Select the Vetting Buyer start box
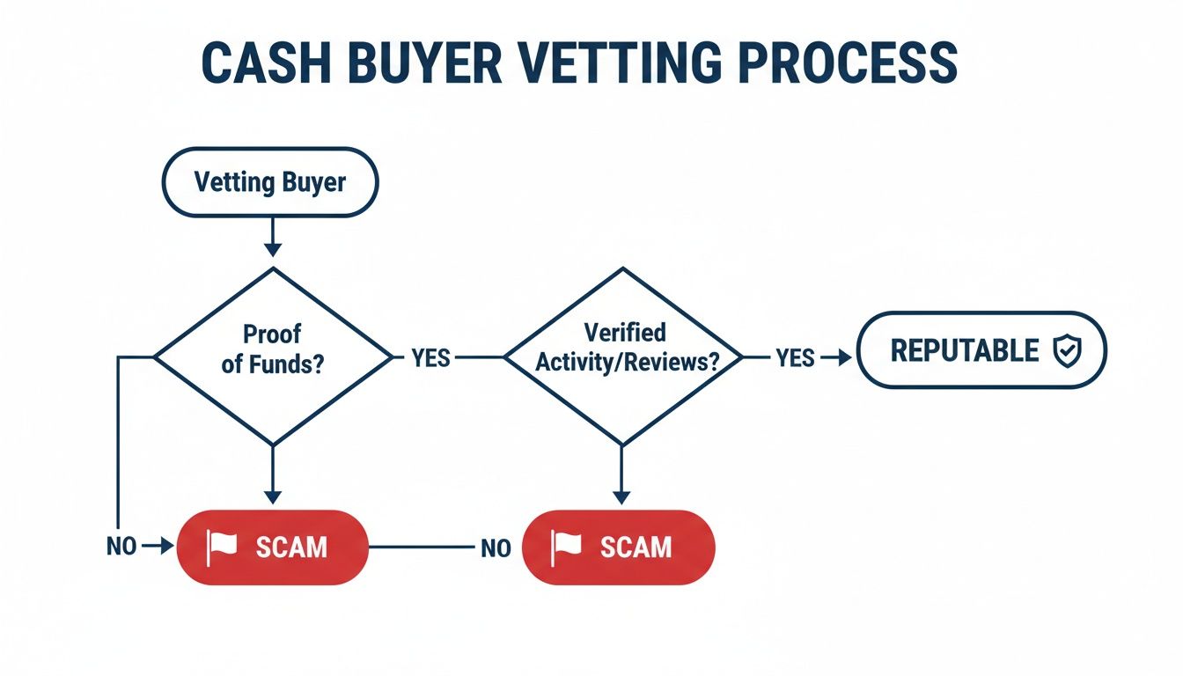(270, 183)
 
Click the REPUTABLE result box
(981, 350)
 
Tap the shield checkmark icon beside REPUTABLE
(1067, 351)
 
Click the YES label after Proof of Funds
(430, 358)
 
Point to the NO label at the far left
(121, 547)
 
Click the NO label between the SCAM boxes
(496, 548)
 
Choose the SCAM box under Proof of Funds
(272, 547)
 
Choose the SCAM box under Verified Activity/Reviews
(619, 547)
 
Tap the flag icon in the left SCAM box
(222, 547)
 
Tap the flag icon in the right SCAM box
(567, 547)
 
